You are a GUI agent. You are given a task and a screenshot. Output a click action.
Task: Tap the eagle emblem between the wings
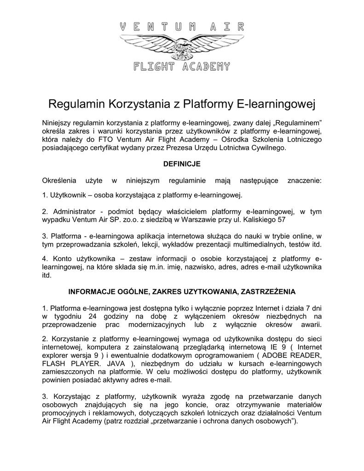pos(181,49)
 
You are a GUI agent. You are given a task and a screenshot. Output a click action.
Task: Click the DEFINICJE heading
pos(182,163)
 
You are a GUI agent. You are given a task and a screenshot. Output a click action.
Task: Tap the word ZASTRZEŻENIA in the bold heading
pos(266,292)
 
